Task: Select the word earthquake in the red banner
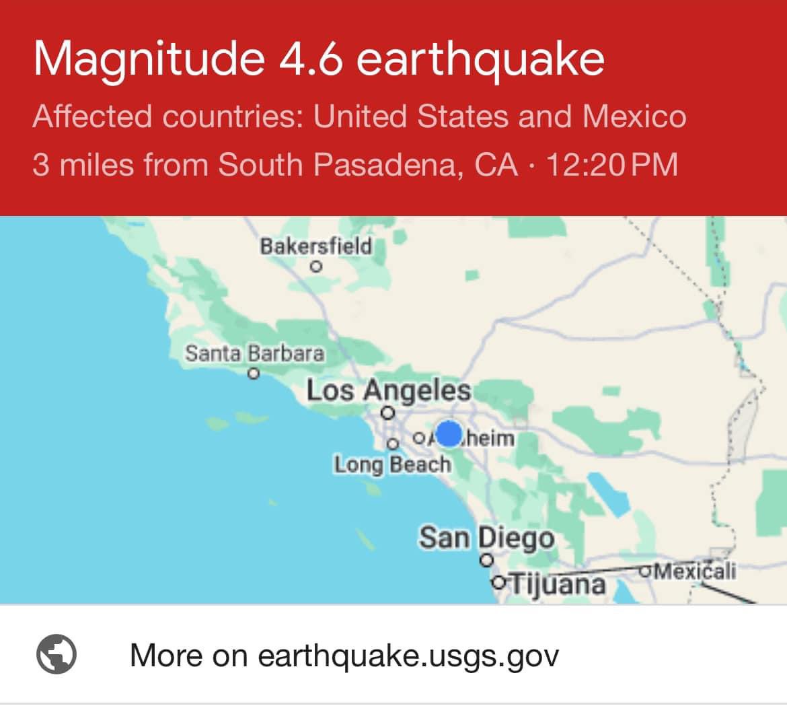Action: coord(480,60)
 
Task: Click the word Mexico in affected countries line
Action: coord(634,116)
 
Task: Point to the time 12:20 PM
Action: coord(611,165)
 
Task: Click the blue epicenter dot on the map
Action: coord(449,434)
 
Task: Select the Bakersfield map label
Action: coord(315,246)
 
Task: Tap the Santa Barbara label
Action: coord(254,353)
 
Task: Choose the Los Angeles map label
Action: coord(389,390)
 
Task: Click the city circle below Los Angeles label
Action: coord(387,413)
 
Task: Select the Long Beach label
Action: coord(392,464)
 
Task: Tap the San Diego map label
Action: coord(486,538)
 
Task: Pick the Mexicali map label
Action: coord(695,571)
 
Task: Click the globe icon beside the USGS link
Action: coord(56,655)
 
